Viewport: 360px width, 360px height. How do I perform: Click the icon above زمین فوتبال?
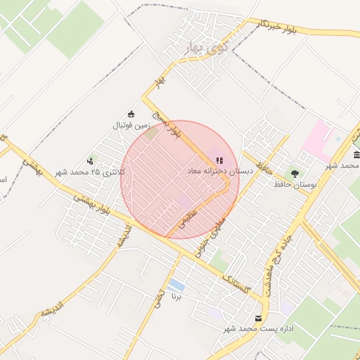[131, 115]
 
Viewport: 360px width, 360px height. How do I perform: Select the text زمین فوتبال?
[133, 126]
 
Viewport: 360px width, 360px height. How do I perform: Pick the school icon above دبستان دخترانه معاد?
[219, 160]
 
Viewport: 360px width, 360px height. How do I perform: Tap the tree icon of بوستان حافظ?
[294, 173]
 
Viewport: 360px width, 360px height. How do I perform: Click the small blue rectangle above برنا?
[177, 286]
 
